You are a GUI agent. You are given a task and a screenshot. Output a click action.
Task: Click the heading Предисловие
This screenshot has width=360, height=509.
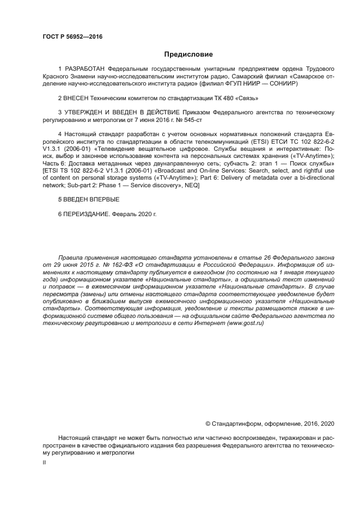pyautogui.click(x=188, y=54)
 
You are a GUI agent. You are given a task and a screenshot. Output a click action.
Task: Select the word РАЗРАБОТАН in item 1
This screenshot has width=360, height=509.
pyautogui.click(x=86, y=70)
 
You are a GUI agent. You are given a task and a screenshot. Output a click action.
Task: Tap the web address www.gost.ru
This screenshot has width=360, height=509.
pyautogui.click(x=246, y=323)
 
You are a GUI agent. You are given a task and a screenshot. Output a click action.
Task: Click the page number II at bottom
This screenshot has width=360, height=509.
pyautogui.click(x=44, y=462)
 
